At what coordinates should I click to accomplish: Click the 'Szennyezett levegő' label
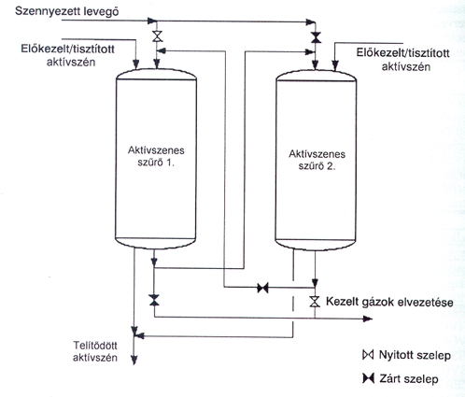(67, 11)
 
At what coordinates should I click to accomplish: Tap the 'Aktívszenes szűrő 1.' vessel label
(156, 156)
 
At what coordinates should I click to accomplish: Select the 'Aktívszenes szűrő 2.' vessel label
(317, 160)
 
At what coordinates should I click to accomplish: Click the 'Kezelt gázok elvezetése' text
(389, 302)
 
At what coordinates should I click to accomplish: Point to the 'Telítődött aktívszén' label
(95, 351)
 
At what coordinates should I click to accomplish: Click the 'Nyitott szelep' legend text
(415, 355)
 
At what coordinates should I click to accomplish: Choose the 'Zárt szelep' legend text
(409, 379)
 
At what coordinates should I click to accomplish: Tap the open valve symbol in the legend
(368, 355)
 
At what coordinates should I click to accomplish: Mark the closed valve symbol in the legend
(368, 378)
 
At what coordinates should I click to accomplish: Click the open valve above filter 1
(158, 36)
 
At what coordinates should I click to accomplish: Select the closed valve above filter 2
(317, 37)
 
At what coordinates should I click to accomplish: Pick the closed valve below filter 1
(154, 300)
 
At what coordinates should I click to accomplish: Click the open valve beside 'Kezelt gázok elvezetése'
(315, 302)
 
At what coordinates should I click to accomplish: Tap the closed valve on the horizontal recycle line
(262, 288)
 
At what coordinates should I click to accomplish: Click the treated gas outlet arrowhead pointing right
(368, 319)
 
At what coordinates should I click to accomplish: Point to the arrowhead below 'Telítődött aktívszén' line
(134, 361)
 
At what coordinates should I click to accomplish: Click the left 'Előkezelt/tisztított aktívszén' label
(68, 55)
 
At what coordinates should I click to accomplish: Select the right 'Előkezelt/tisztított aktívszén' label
(403, 59)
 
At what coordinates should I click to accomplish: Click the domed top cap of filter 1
(157, 74)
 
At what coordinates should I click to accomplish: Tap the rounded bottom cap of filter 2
(316, 245)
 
